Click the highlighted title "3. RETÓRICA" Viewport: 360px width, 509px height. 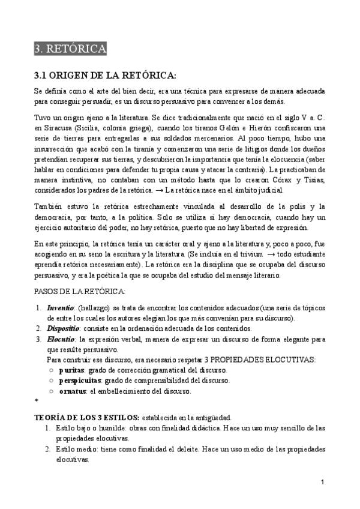click(x=70, y=49)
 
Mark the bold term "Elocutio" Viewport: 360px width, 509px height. click(x=61, y=339)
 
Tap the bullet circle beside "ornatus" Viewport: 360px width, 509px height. click(x=52, y=391)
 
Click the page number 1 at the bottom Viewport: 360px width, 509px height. click(x=323, y=483)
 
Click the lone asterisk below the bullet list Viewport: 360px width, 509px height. click(x=37, y=400)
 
